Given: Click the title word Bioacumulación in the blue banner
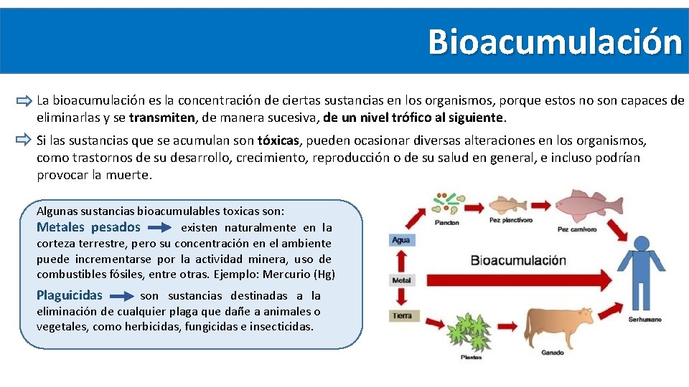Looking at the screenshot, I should pos(555,42).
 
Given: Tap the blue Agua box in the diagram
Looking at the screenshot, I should pos(401,239).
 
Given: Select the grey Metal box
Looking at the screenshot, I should pos(402,279).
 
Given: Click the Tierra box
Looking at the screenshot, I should pos(402,315).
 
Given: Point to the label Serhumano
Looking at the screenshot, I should pos(644,319).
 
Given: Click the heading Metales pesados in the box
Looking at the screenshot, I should pos(88,227).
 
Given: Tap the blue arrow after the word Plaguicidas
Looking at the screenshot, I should pos(123,295).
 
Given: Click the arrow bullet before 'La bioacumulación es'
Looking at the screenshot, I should pos(24,102).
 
